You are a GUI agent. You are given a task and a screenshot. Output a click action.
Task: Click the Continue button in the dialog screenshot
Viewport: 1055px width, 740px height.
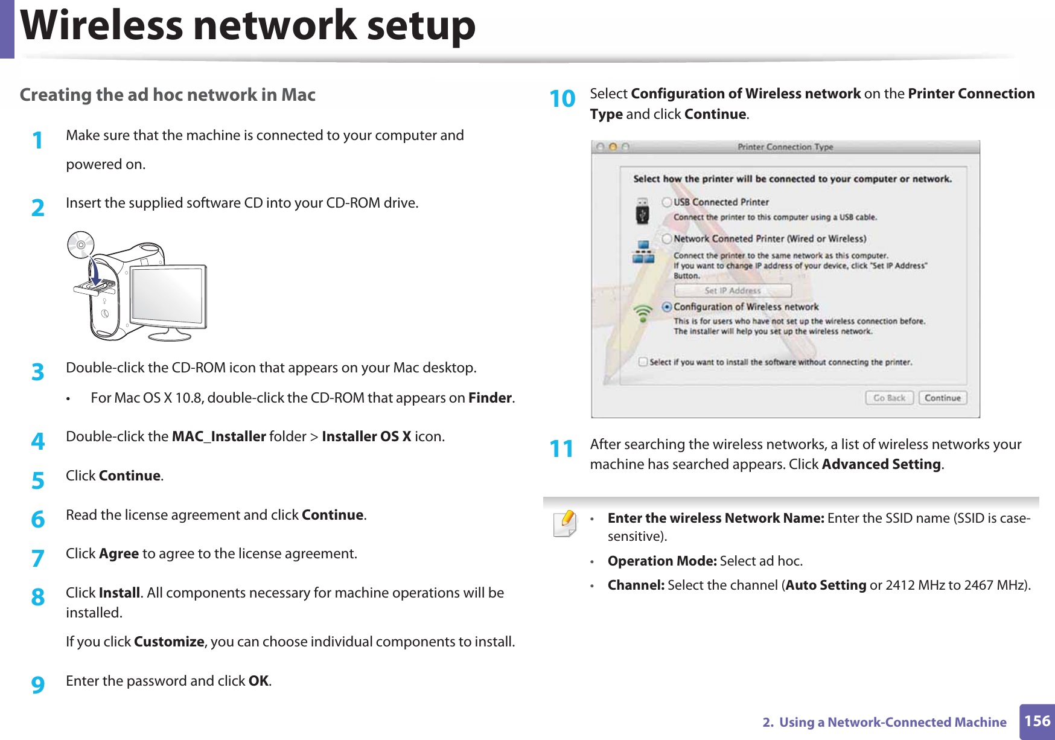point(942,398)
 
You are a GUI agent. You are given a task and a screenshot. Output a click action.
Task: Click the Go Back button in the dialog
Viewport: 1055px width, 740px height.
point(889,398)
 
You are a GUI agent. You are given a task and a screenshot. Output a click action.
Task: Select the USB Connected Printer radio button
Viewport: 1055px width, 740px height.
point(667,202)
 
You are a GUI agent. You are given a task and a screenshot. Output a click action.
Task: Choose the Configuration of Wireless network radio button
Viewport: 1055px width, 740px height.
point(667,307)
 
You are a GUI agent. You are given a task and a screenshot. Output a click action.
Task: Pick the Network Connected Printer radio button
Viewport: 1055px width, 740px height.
point(667,239)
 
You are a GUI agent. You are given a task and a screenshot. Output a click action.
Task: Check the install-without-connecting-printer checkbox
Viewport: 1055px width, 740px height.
point(643,362)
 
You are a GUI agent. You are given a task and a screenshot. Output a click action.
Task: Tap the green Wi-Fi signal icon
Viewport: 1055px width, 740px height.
point(643,312)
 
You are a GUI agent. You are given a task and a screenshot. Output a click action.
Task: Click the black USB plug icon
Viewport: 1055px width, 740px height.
point(642,212)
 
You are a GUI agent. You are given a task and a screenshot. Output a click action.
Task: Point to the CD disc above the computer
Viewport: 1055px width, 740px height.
point(81,244)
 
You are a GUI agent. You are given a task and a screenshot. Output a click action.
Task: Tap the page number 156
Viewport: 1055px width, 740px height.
point(1037,721)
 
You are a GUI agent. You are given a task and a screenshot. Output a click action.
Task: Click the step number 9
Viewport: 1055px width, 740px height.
point(38,684)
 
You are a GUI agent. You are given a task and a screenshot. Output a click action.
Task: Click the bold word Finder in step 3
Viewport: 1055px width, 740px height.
point(489,398)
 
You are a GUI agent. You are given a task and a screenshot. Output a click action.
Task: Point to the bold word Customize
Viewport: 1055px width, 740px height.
point(169,642)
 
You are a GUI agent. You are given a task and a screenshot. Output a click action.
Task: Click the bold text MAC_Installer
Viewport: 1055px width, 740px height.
point(218,436)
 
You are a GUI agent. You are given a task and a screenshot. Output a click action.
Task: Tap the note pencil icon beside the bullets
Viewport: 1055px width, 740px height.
point(565,523)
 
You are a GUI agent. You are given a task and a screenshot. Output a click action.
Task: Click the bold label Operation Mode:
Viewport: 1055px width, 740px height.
point(661,561)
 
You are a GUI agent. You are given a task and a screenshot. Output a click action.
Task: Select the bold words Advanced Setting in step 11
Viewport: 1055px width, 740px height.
point(881,464)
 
